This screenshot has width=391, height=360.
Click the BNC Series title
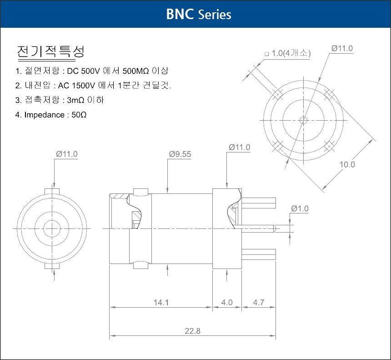click(x=199, y=14)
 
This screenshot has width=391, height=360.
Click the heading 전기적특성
click(x=50, y=52)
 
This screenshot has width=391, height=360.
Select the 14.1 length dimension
click(x=161, y=303)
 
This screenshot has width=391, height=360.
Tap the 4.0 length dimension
click(x=227, y=303)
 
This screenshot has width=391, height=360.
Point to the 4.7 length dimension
click(x=258, y=303)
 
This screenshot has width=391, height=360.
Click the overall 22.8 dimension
click(x=192, y=331)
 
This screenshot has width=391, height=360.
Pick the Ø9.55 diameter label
click(x=180, y=154)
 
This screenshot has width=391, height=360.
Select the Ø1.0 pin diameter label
click(x=300, y=208)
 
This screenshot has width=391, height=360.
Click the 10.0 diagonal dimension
click(x=347, y=164)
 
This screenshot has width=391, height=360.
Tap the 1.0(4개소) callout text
click(x=287, y=53)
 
